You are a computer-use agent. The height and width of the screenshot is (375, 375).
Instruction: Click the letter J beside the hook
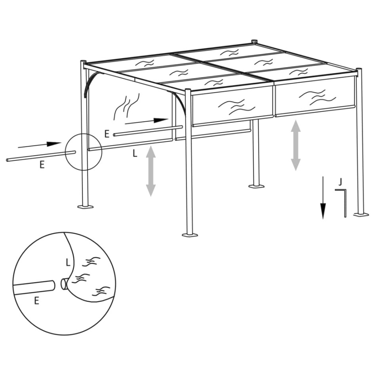point(340,182)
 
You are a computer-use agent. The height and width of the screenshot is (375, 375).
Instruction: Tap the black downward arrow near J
point(323,198)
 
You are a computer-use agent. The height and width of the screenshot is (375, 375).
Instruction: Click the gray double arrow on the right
point(295,145)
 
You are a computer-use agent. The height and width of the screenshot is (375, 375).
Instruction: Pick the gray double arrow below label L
point(150,171)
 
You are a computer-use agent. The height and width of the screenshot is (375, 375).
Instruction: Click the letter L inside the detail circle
point(68,262)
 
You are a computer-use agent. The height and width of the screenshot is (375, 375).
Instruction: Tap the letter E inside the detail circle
point(36,301)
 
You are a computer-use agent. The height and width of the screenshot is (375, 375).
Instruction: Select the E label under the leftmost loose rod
point(42,165)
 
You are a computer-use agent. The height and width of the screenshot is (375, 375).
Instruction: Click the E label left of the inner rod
point(107,134)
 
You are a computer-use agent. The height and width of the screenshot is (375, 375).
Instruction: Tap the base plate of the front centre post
point(189,235)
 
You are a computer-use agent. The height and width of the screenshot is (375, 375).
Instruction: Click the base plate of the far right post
point(361,215)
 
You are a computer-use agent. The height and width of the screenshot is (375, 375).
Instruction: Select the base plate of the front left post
point(86,206)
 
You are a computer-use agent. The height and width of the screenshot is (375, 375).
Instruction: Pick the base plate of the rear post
point(256,185)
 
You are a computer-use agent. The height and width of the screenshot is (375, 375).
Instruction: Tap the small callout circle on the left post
point(84,152)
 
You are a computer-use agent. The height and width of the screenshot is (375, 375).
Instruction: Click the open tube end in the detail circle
point(63,284)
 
